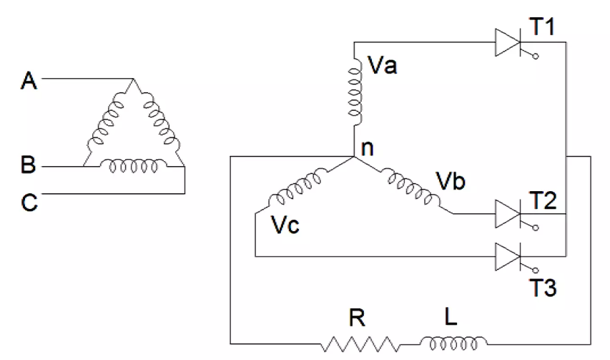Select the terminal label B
29,167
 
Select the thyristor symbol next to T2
508,213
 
